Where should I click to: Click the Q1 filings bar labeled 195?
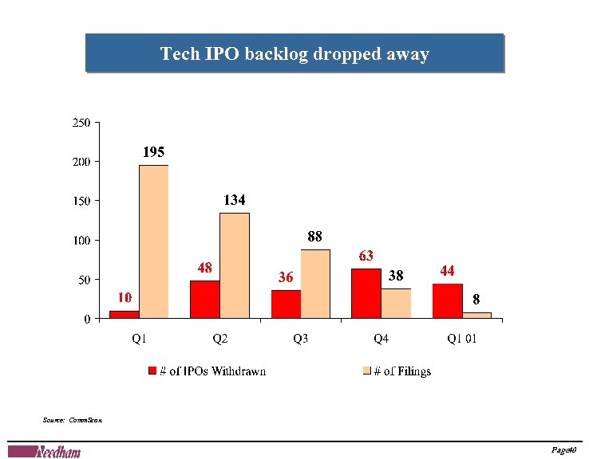[153, 241]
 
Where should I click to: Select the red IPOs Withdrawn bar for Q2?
[204, 300]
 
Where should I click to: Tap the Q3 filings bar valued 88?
[315, 284]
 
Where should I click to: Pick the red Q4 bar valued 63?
[366, 293]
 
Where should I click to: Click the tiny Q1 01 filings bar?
[477, 316]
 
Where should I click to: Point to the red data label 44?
[448, 271]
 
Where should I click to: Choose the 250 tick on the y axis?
[81, 123]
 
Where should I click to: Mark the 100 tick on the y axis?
[81, 240]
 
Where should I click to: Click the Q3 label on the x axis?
[301, 339]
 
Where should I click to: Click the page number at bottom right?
[563, 451]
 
